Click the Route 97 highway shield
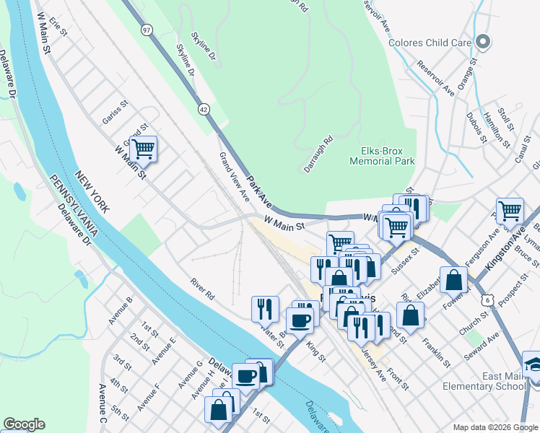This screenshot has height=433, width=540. pyautogui.click(x=147, y=29)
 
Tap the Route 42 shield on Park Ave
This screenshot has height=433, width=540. pyautogui.click(x=204, y=108)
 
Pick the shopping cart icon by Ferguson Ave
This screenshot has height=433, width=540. pyautogui.click(x=510, y=211)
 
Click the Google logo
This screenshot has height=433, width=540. pyautogui.click(x=24, y=424)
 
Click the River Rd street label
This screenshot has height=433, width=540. pyautogui.click(x=203, y=289)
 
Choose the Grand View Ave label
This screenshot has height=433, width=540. pyautogui.click(x=234, y=177)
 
